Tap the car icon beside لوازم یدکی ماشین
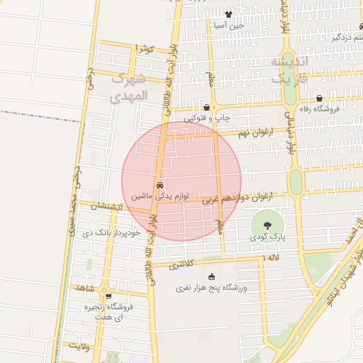click(x=159, y=184)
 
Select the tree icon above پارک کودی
click(x=267, y=224)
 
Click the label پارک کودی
click(x=267, y=238)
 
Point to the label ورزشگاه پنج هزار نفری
click(x=211, y=289)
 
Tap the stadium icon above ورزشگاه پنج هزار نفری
click(x=211, y=277)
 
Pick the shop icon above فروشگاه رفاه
click(x=319, y=99)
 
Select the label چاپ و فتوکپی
click(x=207, y=118)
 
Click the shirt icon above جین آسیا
click(x=229, y=14)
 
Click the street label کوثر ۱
click(x=144, y=48)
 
